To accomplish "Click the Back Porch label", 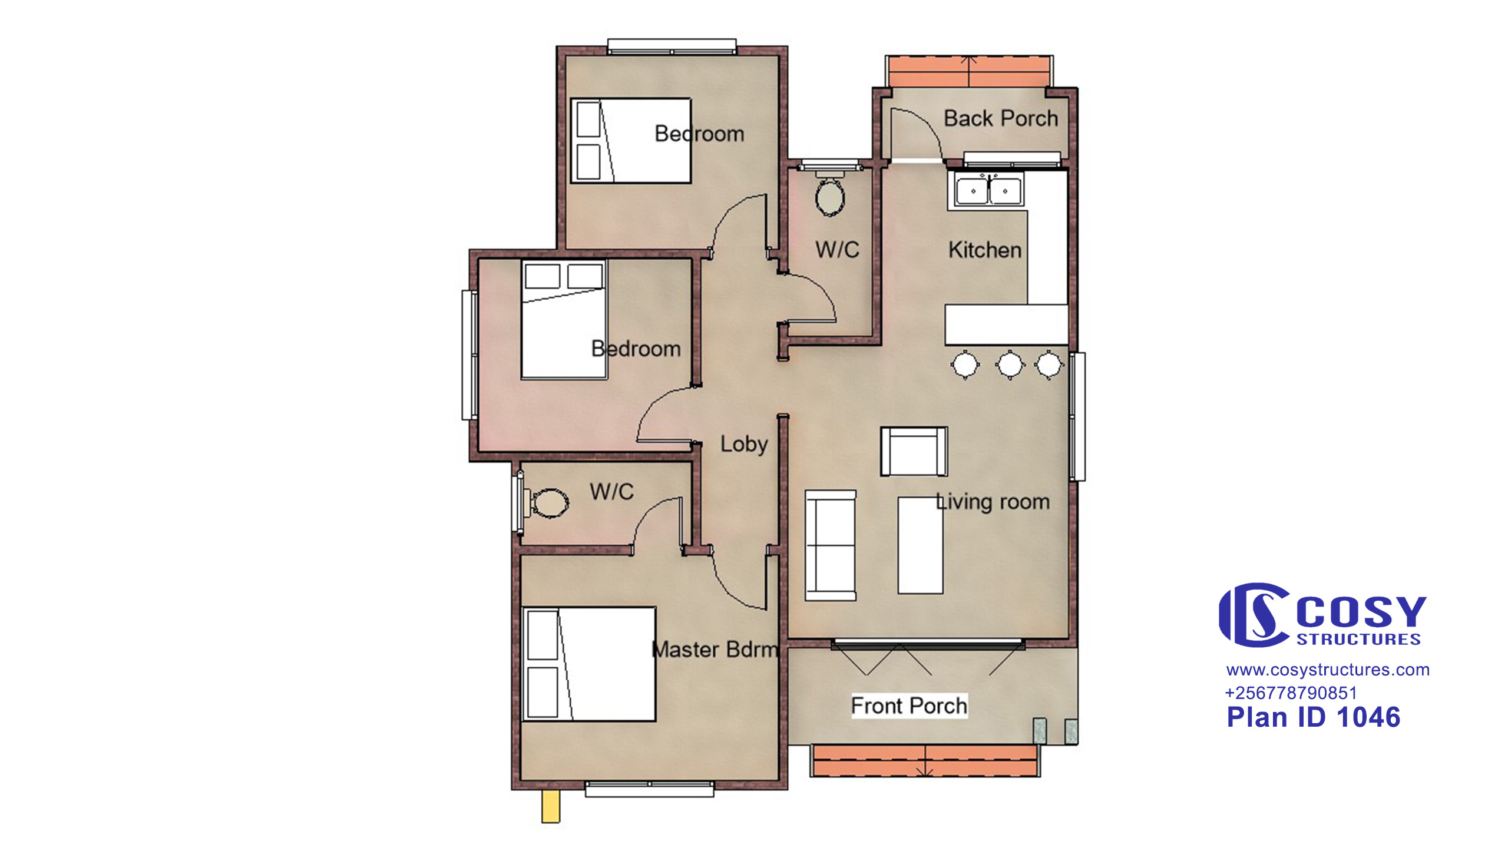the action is click(1001, 119).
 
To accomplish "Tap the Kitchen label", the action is click(985, 250).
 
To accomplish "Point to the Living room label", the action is click(993, 502).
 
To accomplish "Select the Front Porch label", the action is click(909, 705).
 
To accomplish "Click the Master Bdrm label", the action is click(715, 650).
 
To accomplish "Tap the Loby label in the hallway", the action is click(744, 445).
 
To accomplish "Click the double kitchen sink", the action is click(988, 189).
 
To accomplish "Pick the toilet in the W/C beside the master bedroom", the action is click(545, 502).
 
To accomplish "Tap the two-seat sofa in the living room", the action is click(831, 545).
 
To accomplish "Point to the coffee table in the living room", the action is click(920, 545).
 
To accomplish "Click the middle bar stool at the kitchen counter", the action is click(1010, 365).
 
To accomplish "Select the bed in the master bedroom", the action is click(589, 664).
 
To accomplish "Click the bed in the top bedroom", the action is click(631, 141).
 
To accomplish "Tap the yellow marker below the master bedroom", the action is click(551, 806).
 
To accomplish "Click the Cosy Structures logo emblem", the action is click(1254, 615).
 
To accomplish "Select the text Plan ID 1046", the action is click(1313, 718).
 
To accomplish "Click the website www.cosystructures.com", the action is click(1328, 670).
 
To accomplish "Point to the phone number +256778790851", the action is click(1291, 693).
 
